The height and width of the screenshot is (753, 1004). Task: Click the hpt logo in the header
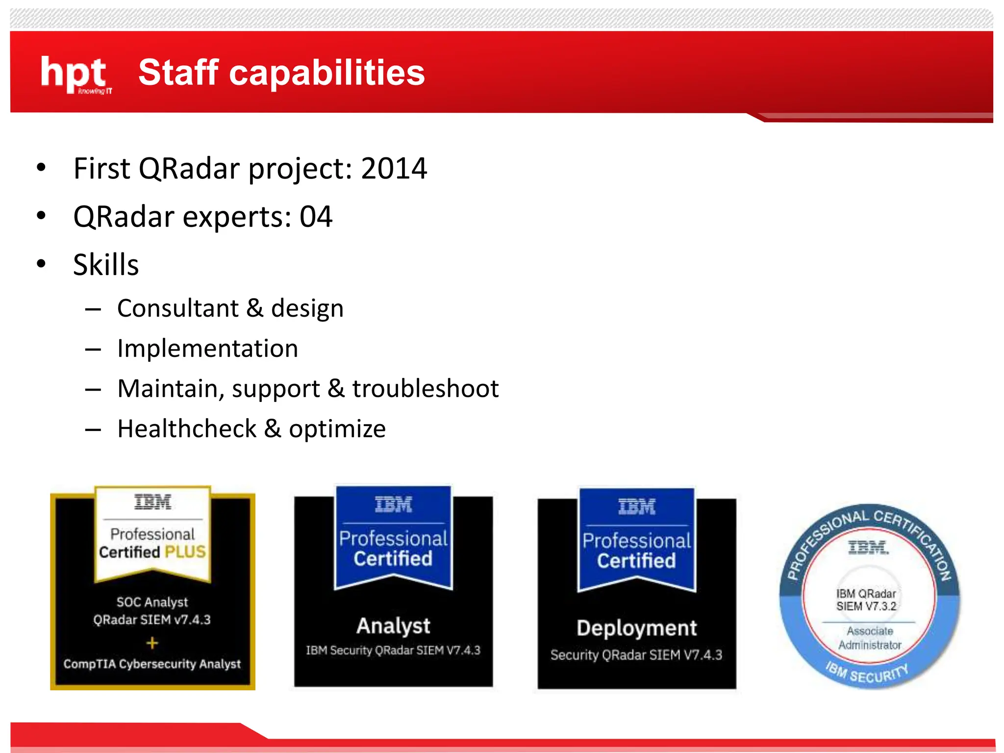click(75, 74)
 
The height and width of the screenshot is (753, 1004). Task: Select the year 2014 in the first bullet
click(394, 169)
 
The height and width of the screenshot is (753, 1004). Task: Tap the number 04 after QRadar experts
click(316, 217)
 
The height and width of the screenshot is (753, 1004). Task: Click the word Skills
click(106, 265)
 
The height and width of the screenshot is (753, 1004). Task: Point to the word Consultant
click(177, 308)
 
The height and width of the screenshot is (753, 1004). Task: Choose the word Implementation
click(207, 349)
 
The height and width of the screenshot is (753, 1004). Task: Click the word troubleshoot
click(425, 389)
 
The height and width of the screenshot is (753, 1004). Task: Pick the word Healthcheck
click(187, 429)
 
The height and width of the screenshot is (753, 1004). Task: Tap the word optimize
click(337, 429)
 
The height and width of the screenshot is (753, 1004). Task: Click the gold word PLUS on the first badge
click(185, 552)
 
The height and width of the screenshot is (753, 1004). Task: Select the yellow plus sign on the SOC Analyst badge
click(152, 643)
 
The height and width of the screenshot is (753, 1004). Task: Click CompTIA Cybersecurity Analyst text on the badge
click(152, 664)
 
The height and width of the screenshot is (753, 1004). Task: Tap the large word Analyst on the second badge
click(393, 626)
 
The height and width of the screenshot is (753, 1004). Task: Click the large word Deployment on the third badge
click(636, 628)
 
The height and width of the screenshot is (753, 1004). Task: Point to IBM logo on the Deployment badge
click(636, 507)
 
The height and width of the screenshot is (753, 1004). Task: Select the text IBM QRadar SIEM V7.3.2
click(866, 600)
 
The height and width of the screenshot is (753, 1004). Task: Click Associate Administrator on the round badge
click(869, 638)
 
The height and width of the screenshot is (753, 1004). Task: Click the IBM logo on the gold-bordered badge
click(152, 502)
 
